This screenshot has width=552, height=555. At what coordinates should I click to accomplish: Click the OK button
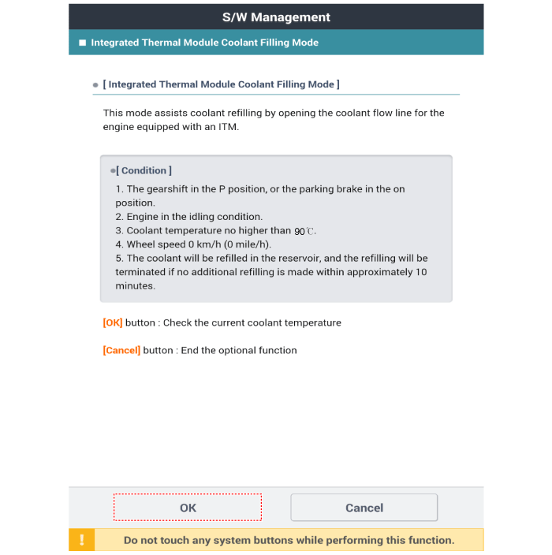(x=188, y=508)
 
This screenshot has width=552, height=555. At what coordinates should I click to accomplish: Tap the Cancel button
(x=364, y=508)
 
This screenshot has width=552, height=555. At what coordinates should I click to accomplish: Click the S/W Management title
(x=276, y=17)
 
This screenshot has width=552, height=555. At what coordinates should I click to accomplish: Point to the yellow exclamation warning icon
(x=81, y=540)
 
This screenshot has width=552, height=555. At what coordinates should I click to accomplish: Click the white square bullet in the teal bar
(x=82, y=43)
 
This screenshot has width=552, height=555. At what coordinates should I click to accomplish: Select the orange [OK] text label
(x=113, y=322)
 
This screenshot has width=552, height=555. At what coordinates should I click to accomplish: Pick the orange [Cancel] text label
(x=121, y=350)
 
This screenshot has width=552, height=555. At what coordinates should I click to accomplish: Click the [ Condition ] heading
(x=144, y=170)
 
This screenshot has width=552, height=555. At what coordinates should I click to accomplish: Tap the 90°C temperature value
(x=304, y=231)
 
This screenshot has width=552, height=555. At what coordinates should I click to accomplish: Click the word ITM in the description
(x=228, y=127)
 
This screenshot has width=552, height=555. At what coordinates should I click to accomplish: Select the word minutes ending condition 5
(x=135, y=285)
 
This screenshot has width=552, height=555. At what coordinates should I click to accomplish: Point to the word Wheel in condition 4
(x=141, y=244)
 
